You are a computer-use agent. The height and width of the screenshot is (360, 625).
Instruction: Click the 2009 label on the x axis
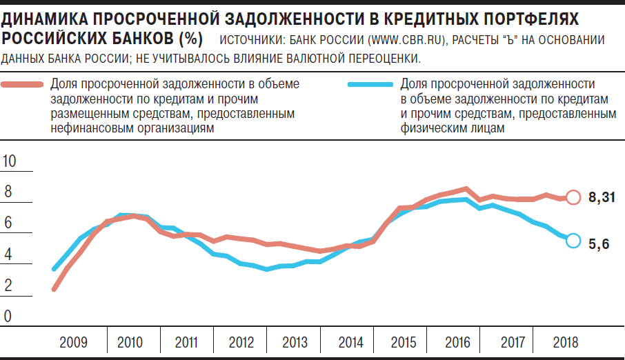coord(72,342)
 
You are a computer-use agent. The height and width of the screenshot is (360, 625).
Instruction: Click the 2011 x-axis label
coord(186,342)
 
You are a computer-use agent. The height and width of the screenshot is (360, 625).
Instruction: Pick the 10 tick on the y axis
coord(10,161)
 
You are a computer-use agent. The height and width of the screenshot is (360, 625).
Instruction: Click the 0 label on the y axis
coord(8,317)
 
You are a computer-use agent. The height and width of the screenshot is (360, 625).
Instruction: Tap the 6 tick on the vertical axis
coord(8,223)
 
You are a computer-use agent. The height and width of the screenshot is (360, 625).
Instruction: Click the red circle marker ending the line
coord(573,197)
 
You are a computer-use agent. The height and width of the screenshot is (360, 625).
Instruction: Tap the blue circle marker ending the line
coord(573,240)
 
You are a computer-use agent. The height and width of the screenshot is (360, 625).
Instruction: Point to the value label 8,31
coord(602,198)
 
